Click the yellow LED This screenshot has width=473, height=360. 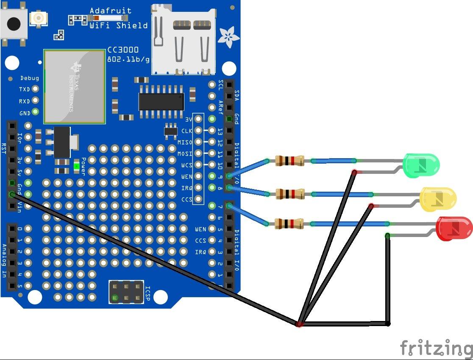[x=438, y=198]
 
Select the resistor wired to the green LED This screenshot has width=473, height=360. [x=289, y=161]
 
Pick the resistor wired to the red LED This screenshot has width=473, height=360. [x=289, y=223]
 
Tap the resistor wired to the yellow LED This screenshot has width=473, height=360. [x=290, y=194]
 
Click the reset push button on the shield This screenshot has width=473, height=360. [x=14, y=23]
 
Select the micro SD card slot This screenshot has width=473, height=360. [x=183, y=38]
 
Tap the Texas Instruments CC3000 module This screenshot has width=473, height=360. [x=74, y=87]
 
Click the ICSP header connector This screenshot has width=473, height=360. [x=126, y=292]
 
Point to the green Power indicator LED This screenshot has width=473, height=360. [x=76, y=166]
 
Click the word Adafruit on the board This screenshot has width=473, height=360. [x=111, y=11]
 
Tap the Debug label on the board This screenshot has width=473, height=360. [x=30, y=78]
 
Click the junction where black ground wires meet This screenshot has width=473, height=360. [x=300, y=324]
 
